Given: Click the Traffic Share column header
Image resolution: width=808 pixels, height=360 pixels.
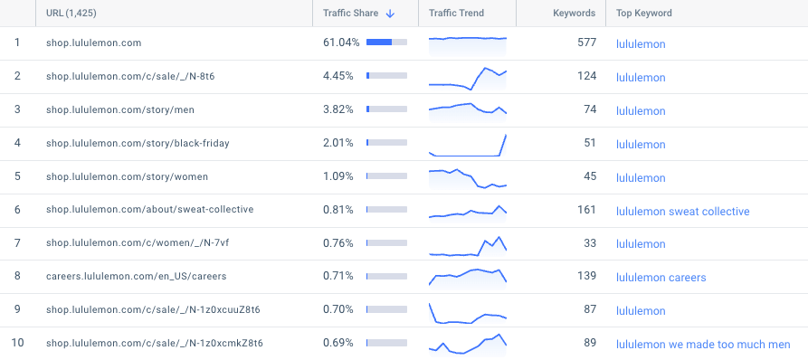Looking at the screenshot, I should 350,14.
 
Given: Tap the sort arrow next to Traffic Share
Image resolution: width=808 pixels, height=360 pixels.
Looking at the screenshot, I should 390,14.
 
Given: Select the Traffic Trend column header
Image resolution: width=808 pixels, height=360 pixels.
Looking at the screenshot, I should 456,14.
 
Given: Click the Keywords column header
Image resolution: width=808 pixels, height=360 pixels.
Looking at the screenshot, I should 574,14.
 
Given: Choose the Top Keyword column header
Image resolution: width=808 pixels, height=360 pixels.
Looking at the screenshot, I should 643,14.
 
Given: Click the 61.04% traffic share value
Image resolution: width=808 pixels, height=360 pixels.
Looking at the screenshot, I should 341,43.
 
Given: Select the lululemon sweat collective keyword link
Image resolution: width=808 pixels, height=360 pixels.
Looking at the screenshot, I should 682,211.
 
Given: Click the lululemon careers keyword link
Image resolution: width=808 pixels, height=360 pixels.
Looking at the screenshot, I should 661,278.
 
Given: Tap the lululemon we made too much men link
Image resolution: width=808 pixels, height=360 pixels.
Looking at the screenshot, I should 703,345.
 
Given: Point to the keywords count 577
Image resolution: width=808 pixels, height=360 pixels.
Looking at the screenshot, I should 586,43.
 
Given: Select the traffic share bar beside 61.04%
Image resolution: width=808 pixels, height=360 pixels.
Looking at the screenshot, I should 386,43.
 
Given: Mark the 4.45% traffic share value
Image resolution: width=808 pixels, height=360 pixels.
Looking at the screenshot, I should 337,76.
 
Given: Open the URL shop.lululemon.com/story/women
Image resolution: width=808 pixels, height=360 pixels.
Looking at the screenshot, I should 127,176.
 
